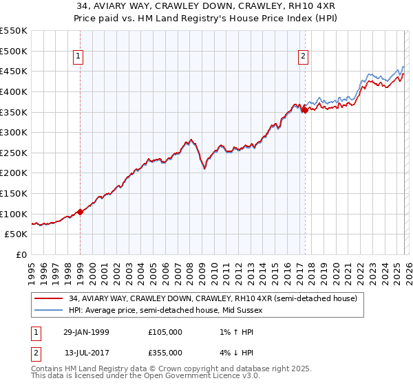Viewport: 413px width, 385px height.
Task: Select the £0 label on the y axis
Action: pyautogui.click(x=21, y=254)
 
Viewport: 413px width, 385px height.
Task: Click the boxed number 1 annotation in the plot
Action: pyautogui.click(x=80, y=57)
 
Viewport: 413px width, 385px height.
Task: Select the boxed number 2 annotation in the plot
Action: pyautogui.click(x=304, y=57)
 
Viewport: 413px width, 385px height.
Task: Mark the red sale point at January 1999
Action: pyautogui.click(x=81, y=212)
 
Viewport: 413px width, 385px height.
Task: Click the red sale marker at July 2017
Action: pyautogui.click(x=304, y=109)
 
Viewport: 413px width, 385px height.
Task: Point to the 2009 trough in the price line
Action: pyautogui.click(x=204, y=167)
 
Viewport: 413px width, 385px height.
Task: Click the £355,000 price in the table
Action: pyautogui.click(x=165, y=353)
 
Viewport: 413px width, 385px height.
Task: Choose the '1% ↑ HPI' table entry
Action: pyautogui.click(x=231, y=332)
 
